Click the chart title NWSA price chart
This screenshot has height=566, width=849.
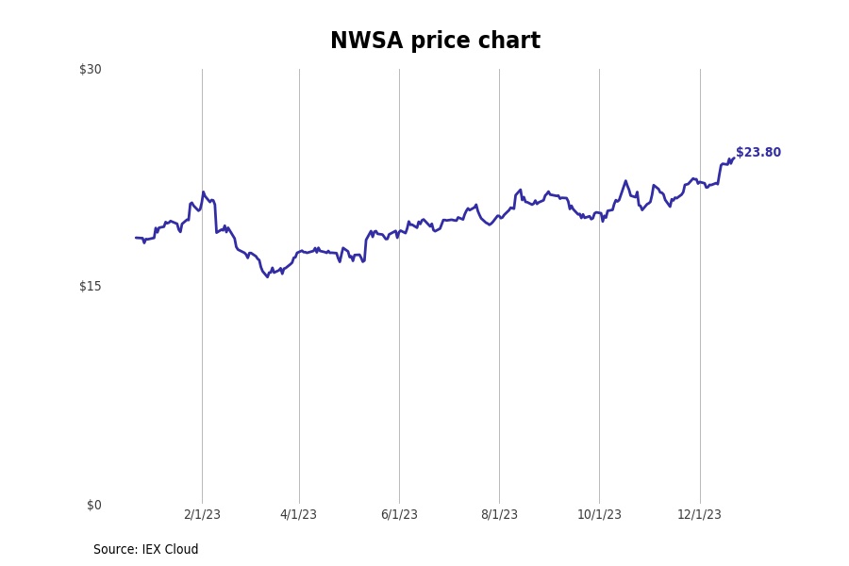pyautogui.click(x=435, y=42)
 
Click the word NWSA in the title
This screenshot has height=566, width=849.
pyautogui.click(x=366, y=42)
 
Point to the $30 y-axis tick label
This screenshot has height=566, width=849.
pyautogui.click(x=91, y=69)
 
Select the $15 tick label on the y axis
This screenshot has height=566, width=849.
pyautogui.click(x=91, y=287)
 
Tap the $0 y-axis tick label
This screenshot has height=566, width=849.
pyautogui.click(x=93, y=505)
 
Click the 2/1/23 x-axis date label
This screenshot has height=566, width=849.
pyautogui.click(x=202, y=515)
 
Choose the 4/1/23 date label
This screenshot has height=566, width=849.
pyautogui.click(x=299, y=515)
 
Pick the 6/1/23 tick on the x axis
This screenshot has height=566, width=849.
pyautogui.click(x=399, y=515)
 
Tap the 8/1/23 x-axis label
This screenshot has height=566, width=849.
pyautogui.click(x=499, y=515)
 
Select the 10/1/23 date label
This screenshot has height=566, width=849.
pyautogui.click(x=599, y=515)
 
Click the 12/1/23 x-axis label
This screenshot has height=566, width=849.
pyautogui.click(x=699, y=515)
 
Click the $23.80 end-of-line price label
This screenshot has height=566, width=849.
pyautogui.click(x=758, y=153)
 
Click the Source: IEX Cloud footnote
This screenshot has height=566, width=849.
pyautogui.click(x=146, y=550)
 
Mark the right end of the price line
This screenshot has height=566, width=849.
pyautogui.click(x=733, y=158)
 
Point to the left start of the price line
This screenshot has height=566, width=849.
pyautogui.click(x=136, y=238)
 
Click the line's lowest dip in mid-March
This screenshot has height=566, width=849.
pyautogui.click(x=267, y=276)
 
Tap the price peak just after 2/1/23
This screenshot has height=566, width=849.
pyautogui.click(x=203, y=192)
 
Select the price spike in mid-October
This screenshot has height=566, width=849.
pyautogui.click(x=624, y=181)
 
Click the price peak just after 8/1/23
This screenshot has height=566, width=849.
pyautogui.click(x=520, y=190)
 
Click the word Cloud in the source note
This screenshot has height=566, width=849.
pyautogui.click(x=181, y=550)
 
